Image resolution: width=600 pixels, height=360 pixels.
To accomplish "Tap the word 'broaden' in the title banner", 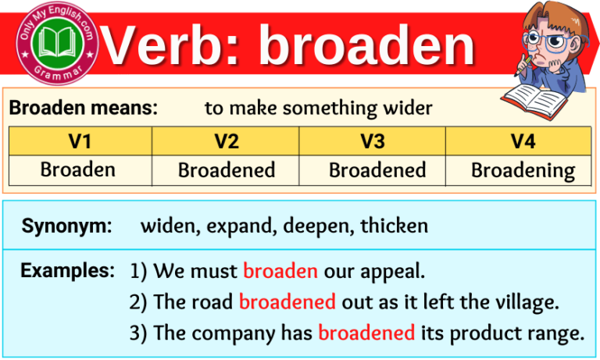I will (367, 45).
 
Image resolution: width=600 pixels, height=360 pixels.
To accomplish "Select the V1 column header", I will (80, 141).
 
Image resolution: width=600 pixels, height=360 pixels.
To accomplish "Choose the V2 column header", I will (226, 141).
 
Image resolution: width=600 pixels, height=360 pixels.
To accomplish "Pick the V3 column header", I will (373, 141).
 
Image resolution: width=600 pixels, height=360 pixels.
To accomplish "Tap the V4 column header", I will (518, 141).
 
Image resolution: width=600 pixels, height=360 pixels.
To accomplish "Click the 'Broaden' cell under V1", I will (80, 169).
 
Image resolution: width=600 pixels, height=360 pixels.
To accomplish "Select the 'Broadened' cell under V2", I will (226, 169).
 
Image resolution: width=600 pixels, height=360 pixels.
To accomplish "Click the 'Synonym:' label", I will (66, 226).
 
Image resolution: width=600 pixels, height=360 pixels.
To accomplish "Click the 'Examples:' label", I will (68, 271).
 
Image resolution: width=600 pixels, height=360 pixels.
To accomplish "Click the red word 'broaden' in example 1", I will (280, 272).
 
